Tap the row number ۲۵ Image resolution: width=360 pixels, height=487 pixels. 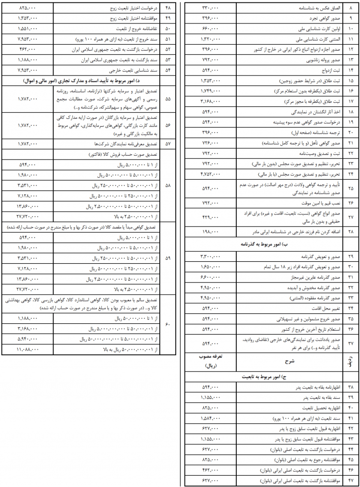click(350, 188)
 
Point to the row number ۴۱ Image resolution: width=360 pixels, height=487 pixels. click(350, 418)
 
